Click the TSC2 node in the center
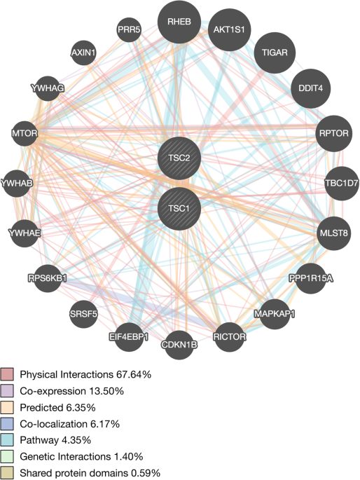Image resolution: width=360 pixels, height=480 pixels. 179,158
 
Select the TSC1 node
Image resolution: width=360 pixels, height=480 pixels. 179,208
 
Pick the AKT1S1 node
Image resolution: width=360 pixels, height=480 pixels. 230,30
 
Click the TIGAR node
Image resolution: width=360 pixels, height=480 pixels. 275,53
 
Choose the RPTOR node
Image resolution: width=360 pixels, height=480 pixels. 333,132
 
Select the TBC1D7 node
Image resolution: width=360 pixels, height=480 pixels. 341,184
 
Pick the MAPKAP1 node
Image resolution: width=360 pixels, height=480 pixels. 275,313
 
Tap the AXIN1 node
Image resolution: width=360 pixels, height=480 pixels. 85,53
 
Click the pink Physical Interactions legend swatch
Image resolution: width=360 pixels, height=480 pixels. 7,374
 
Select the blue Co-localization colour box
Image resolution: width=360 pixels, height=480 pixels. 7,425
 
